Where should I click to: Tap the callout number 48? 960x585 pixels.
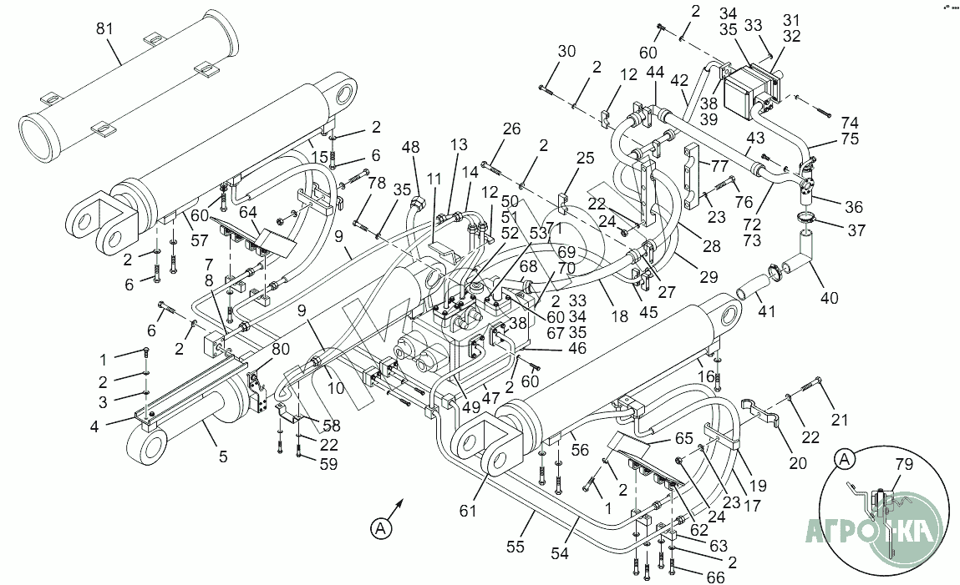point(410,148)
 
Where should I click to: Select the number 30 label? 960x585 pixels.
point(566,52)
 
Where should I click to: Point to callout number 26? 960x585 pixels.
point(511,129)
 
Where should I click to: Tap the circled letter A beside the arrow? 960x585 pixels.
point(381,527)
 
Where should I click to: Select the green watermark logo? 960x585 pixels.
point(874,530)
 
